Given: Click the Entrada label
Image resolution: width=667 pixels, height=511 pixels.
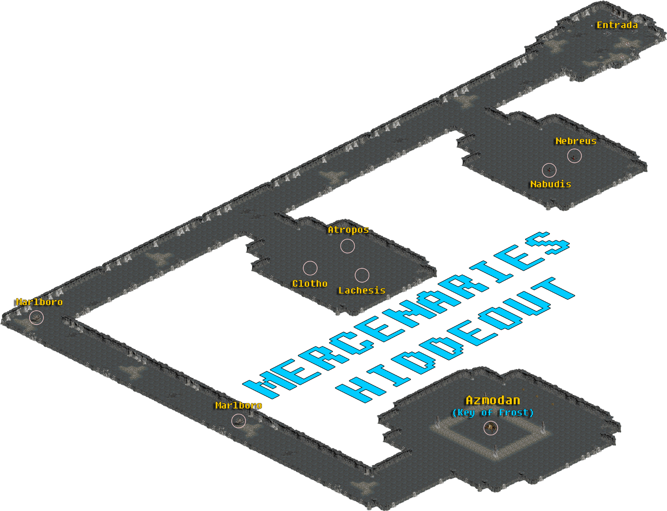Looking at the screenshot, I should pyautogui.click(x=617, y=25).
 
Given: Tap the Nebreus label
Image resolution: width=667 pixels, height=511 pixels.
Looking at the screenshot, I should pyautogui.click(x=576, y=141).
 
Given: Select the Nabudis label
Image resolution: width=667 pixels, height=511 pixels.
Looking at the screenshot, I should pyautogui.click(x=551, y=184).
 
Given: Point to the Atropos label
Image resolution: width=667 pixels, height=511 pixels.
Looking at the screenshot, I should pyautogui.click(x=348, y=230).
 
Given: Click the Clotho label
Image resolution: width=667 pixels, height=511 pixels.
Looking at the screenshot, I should pyautogui.click(x=310, y=284).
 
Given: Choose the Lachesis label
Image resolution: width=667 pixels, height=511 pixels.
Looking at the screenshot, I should pyautogui.click(x=362, y=291).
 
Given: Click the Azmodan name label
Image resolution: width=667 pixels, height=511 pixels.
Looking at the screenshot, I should pyautogui.click(x=493, y=401).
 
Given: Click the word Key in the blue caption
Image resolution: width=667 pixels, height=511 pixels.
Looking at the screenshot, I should pyautogui.click(x=466, y=413).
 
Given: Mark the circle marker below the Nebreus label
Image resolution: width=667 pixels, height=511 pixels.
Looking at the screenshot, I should pyautogui.click(x=574, y=156).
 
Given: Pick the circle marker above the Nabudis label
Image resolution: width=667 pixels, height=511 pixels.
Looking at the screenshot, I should pyautogui.click(x=549, y=170).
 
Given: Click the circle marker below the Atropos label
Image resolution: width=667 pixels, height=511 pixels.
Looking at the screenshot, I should pyautogui.click(x=347, y=246).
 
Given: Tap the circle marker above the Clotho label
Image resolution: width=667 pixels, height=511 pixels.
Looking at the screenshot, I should pyautogui.click(x=310, y=268).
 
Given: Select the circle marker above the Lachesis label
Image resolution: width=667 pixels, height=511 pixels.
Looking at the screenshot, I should pyautogui.click(x=362, y=275).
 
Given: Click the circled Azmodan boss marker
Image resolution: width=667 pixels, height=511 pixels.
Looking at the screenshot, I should pyautogui.click(x=491, y=428).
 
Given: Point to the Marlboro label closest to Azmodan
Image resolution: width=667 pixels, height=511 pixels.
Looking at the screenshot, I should pyautogui.click(x=238, y=405).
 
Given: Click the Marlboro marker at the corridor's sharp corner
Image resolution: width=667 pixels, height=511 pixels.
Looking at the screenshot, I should pyautogui.click(x=36, y=317).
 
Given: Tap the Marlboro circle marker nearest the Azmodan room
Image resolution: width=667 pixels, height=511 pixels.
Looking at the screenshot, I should pyautogui.click(x=238, y=421).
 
